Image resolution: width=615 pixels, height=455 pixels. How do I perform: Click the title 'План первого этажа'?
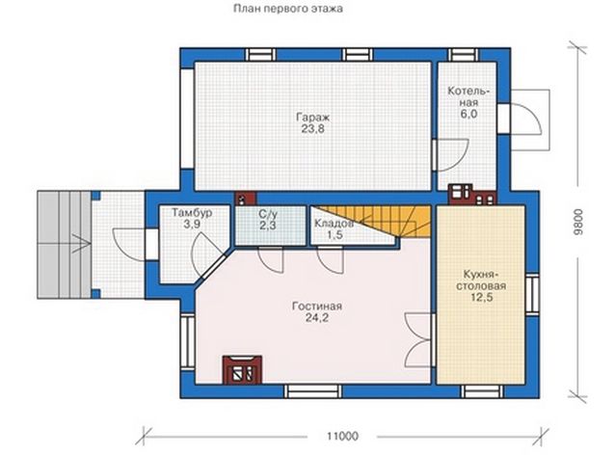[288, 9]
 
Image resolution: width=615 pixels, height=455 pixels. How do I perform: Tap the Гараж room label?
[313, 117]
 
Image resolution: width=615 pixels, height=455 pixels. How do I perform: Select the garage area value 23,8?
[313, 128]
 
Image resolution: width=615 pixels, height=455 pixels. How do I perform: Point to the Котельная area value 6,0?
[469, 114]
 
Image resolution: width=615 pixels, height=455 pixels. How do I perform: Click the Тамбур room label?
[192, 213]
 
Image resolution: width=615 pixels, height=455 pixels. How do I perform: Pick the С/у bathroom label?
[268, 214]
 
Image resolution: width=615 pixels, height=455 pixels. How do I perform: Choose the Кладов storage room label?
[334, 224]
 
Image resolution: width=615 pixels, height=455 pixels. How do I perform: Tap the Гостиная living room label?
[317, 306]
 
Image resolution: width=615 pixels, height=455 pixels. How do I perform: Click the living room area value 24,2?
[317, 318]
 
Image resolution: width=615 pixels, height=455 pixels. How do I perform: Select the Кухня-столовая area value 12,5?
[481, 297]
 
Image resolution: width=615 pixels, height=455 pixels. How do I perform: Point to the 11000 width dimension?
[342, 436]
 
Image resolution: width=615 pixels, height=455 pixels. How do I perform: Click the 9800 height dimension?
[577, 222]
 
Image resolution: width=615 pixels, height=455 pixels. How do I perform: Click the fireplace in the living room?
[242, 369]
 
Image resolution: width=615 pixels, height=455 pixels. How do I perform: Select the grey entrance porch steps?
[65, 245]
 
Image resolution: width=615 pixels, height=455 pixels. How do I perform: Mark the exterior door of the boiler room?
[520, 119]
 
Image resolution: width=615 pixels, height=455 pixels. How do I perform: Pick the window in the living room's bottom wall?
[312, 391]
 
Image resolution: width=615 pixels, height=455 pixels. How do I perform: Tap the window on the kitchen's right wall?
[533, 294]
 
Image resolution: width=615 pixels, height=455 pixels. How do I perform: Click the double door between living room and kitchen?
[419, 339]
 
